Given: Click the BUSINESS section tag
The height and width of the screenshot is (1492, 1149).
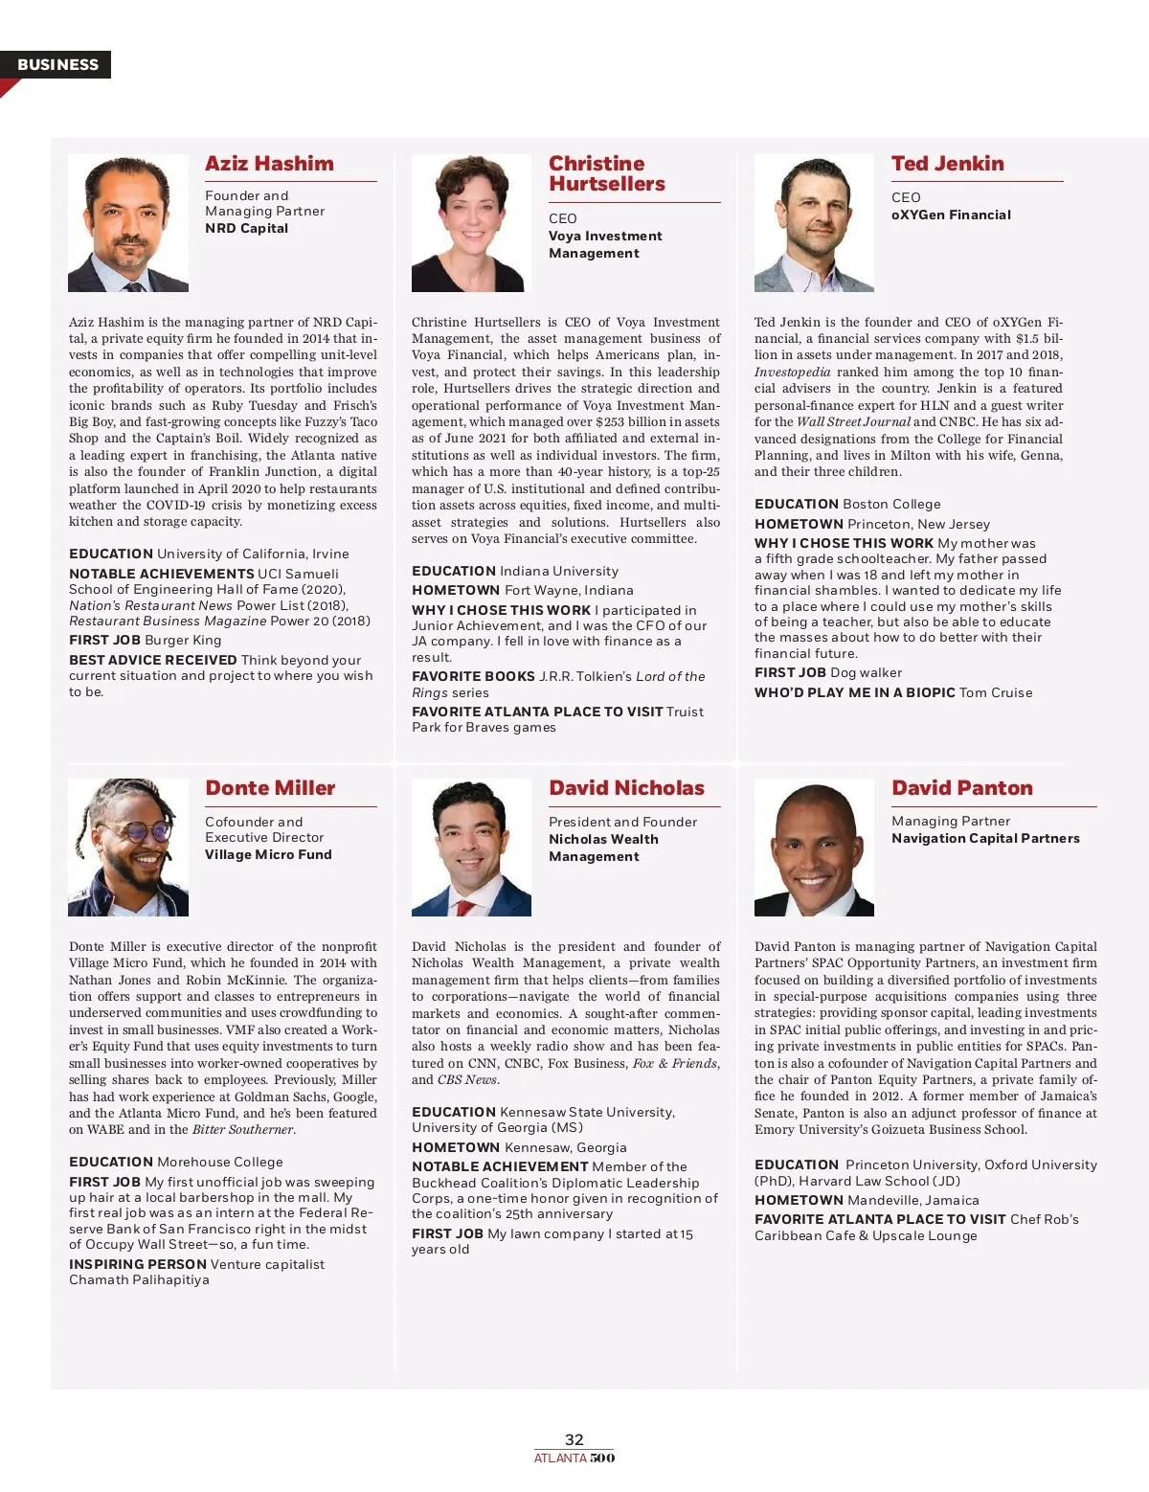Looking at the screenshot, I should [x=57, y=64].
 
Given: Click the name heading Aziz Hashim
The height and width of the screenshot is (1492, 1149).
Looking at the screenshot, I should [x=269, y=164].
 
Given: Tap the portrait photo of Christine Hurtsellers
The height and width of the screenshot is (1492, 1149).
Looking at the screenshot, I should [x=471, y=223].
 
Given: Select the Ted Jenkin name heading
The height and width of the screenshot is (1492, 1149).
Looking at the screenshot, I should [x=947, y=164].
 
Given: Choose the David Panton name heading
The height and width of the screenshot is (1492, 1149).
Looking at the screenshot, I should [x=961, y=788].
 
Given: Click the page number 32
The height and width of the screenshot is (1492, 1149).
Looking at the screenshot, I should [x=574, y=1439].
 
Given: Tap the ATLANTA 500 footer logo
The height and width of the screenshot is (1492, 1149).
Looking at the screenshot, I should [x=574, y=1458].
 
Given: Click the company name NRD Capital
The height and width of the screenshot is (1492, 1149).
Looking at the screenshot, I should [x=246, y=228].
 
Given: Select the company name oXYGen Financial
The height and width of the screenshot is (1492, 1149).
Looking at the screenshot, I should [x=951, y=215].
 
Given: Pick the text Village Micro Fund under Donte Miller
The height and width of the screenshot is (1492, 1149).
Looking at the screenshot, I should [x=268, y=854].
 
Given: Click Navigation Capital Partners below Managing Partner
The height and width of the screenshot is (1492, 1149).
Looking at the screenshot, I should [x=985, y=838].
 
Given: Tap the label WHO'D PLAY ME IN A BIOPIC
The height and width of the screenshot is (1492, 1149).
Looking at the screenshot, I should [x=854, y=692].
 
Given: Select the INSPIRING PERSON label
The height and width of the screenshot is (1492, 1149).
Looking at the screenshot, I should [x=137, y=1264].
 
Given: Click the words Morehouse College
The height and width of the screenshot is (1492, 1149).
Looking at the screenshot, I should [x=220, y=1162].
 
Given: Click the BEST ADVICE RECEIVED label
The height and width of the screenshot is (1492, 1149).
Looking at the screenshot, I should [x=152, y=660].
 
